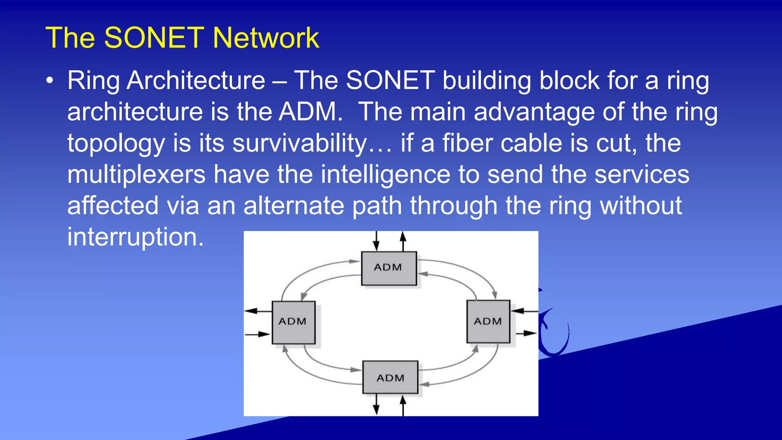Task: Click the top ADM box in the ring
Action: (x=389, y=268)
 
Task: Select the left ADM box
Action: (x=293, y=322)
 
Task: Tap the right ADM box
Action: (x=488, y=322)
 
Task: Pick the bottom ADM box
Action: (x=390, y=377)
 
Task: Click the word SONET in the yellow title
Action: (x=154, y=38)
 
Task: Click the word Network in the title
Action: (x=266, y=38)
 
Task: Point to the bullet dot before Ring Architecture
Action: (x=49, y=81)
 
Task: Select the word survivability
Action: (x=300, y=143)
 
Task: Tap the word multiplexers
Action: (x=136, y=175)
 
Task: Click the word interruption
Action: (x=136, y=237)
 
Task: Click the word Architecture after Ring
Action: (x=196, y=81)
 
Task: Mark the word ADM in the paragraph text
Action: (x=308, y=112)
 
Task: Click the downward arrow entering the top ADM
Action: (x=376, y=241)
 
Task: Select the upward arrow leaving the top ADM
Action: (x=403, y=241)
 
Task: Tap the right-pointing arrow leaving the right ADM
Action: (x=526, y=333)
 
